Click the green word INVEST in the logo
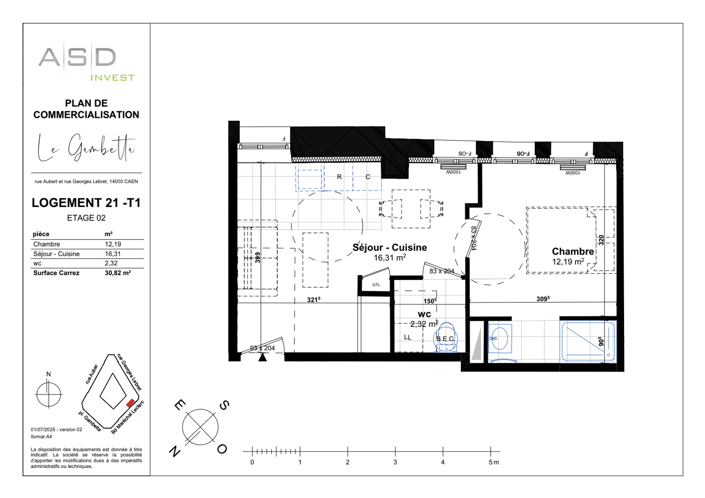113,78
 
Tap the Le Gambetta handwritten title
86,148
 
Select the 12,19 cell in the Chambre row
113,244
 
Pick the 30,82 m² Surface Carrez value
117,273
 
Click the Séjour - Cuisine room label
389,247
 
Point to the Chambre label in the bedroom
573,251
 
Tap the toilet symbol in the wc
446,338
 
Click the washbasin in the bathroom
499,338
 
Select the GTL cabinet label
376,285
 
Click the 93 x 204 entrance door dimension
262,348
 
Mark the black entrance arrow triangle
262,357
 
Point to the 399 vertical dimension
257,257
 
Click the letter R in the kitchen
339,177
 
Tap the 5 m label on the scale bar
494,462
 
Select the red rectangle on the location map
130,403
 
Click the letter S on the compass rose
224,405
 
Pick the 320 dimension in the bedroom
601,240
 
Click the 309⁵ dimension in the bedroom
543,299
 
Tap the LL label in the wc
408,337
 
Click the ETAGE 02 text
86,218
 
